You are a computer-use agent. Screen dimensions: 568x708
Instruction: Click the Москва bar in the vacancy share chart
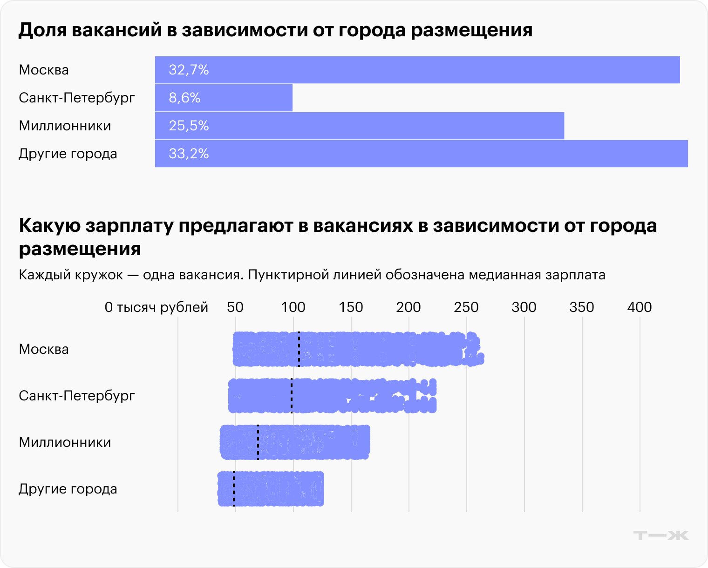point(417,70)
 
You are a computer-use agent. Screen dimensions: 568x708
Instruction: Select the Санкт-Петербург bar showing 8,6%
point(224,98)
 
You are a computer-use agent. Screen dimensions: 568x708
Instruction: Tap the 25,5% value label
point(189,126)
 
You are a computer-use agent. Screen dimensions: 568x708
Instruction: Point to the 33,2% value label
point(189,154)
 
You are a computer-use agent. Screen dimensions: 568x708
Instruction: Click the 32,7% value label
point(189,70)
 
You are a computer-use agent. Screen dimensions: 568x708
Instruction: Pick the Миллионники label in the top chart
point(65,126)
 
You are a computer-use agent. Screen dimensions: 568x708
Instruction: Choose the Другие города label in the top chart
point(68,154)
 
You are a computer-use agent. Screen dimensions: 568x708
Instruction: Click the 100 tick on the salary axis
point(293,307)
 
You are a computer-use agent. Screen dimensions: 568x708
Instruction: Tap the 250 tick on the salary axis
point(466,307)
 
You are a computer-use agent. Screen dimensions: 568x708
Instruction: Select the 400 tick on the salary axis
point(640,307)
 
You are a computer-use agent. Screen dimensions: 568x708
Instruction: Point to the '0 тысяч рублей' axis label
point(156,307)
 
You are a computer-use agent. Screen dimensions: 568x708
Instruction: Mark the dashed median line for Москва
point(299,349)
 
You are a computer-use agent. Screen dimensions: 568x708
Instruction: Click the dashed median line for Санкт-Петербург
point(292,396)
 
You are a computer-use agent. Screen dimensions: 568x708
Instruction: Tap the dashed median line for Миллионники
point(258,442)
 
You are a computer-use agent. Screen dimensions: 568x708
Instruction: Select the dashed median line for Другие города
point(234,489)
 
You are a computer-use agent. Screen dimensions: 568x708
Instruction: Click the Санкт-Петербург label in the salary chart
point(76,396)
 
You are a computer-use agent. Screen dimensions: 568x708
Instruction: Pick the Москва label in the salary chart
point(44,349)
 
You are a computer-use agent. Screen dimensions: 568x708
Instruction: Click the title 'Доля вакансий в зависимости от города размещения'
point(275,30)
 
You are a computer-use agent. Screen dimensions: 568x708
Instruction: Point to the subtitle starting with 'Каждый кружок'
point(312,275)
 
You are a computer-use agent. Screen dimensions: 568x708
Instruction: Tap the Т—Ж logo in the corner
point(661,535)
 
